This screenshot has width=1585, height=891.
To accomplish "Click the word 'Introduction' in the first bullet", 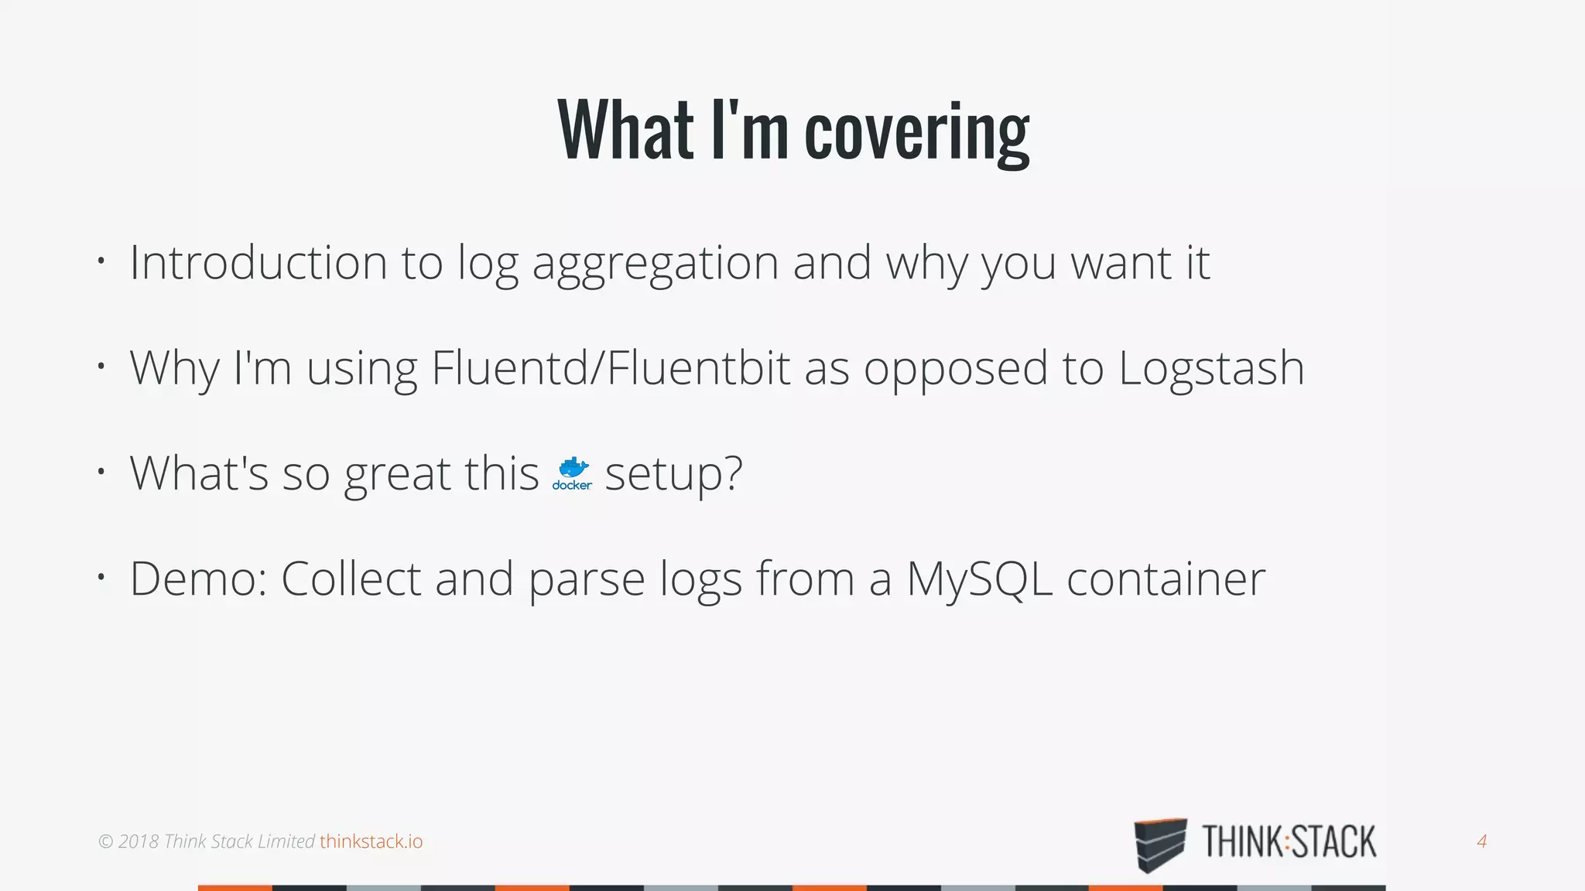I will coord(258,262).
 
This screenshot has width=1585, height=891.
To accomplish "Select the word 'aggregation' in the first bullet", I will coord(656,264).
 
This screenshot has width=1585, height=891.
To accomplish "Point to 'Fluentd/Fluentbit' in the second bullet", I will coord(611,367).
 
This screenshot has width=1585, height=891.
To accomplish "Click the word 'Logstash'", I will coord(1211,369).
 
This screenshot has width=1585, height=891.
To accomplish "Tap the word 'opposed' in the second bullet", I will coord(956,369).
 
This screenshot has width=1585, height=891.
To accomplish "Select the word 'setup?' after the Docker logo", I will coord(673,473).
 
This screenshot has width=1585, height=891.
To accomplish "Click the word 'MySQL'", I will coord(979,579).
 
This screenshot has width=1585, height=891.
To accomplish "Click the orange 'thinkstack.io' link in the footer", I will coord(371,841).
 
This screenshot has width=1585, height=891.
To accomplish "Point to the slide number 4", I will coord(1481,841).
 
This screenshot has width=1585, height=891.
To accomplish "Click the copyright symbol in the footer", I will coord(106,841).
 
